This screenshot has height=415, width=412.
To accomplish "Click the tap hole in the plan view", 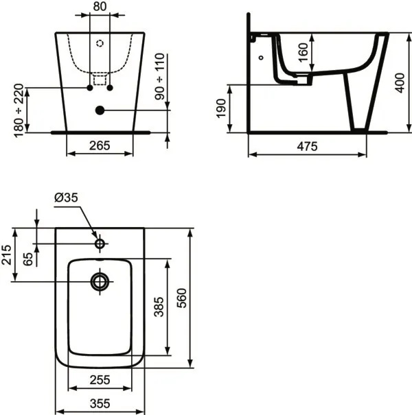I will click(x=100, y=243).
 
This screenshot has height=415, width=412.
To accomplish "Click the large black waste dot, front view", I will click(x=100, y=110).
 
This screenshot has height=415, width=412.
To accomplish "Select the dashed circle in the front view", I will click(x=100, y=43).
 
